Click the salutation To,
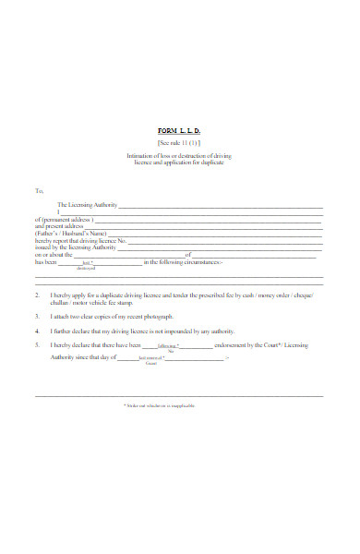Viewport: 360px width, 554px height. pyautogui.click(x=40, y=191)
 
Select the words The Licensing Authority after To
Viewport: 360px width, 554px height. pyautogui.click(x=87, y=204)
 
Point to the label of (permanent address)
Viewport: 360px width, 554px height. pyautogui.click(x=67, y=219)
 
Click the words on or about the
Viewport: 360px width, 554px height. pyautogui.click(x=54, y=256)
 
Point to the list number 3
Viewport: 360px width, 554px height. pyautogui.click(x=37, y=315)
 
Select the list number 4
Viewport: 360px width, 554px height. pyautogui.click(x=37, y=330)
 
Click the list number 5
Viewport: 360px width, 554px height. pyautogui.click(x=37, y=344)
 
